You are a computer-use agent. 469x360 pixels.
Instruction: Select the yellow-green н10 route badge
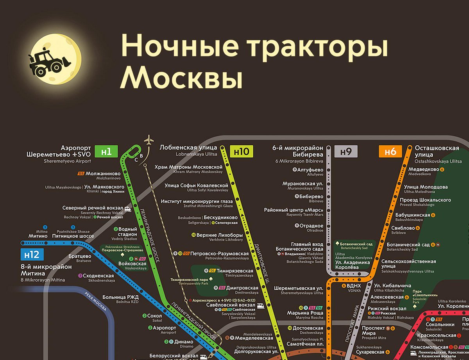[x=242, y=151]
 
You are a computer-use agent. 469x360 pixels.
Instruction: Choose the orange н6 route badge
[x=390, y=151]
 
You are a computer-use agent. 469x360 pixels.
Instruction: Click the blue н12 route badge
[x=32, y=255]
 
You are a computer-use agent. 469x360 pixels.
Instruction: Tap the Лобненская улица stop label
[x=188, y=148]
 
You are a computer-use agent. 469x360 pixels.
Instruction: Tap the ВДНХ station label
[x=354, y=285]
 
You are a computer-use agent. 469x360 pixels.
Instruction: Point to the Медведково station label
[x=424, y=169]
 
